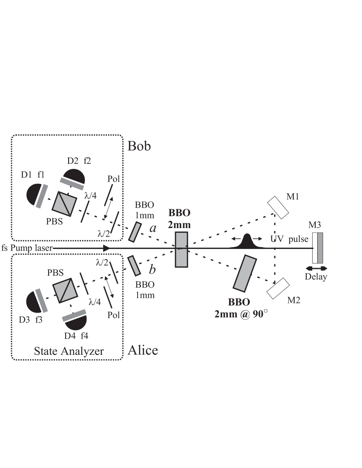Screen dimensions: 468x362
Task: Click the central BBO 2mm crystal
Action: (181, 249)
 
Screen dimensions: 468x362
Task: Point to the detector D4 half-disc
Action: (75, 322)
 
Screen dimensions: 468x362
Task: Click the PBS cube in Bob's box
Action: (63, 202)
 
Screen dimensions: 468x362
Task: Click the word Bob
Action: (139, 146)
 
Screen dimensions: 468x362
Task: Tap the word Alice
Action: (143, 350)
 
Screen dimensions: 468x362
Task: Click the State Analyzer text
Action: (69, 351)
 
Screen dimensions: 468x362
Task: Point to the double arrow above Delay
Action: (316, 268)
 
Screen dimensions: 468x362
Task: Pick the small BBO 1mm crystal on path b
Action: (135, 265)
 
